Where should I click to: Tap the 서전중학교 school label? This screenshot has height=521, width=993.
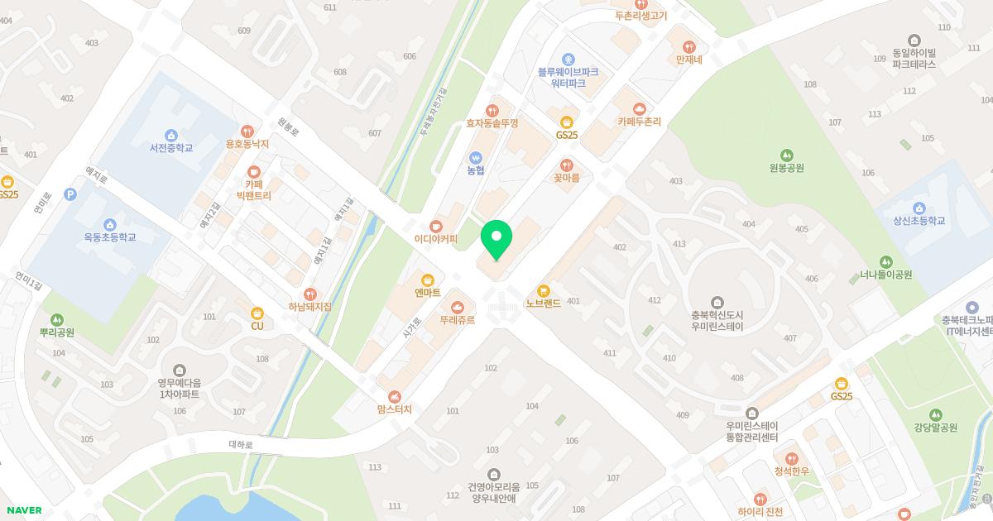click(x=171, y=148)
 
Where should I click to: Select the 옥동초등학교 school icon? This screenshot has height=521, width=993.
click(x=110, y=224)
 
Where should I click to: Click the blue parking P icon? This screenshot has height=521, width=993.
click(x=70, y=194)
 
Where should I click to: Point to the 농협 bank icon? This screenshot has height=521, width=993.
click(x=475, y=157)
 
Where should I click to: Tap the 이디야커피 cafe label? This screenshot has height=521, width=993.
click(x=436, y=239)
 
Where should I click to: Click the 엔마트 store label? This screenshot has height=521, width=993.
click(x=428, y=292)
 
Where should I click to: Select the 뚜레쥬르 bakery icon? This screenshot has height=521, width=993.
click(x=458, y=307)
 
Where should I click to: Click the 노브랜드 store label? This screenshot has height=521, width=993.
click(x=544, y=304)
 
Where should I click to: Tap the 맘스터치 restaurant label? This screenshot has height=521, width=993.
click(x=395, y=409)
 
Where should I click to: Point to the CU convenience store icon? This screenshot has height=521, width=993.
click(x=257, y=313)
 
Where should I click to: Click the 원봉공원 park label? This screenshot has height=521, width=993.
click(x=786, y=168)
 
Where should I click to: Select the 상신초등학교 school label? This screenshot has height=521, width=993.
click(x=919, y=221)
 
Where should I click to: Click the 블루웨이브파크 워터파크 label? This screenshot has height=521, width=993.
click(x=568, y=78)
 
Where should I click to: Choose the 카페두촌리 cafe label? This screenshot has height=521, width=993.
click(x=639, y=122)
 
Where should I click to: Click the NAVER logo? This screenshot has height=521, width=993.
click(x=23, y=510)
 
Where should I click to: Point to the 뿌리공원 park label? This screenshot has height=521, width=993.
click(x=57, y=332)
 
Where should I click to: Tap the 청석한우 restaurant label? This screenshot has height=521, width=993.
click(x=791, y=471)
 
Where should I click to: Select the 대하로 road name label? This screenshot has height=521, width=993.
click(x=240, y=444)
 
